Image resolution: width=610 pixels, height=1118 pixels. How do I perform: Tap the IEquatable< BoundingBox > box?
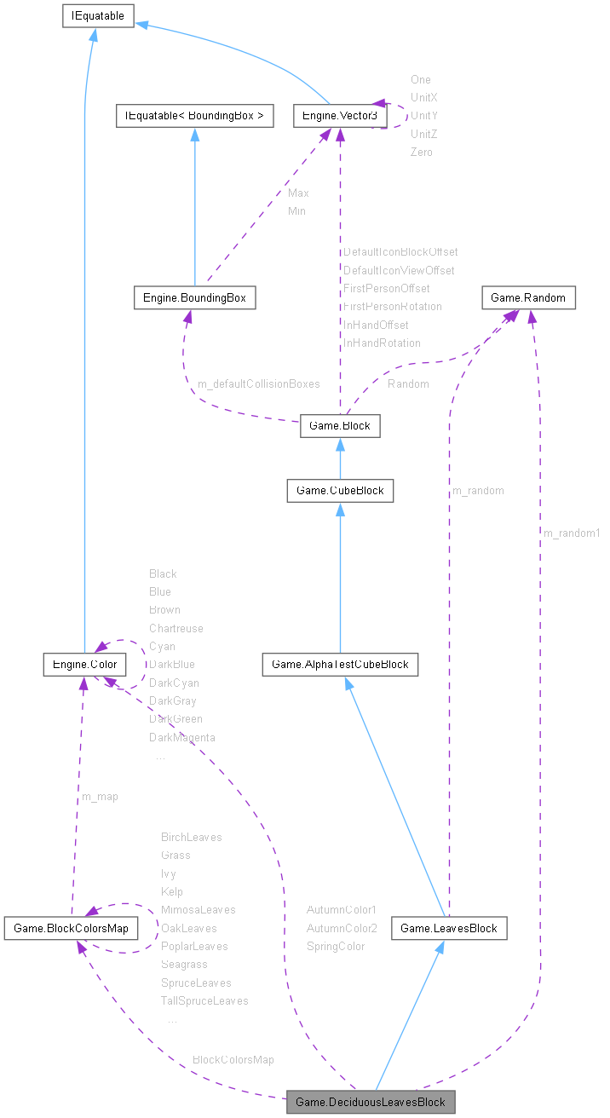[194, 116]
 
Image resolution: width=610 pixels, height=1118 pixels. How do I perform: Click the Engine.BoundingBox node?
[195, 297]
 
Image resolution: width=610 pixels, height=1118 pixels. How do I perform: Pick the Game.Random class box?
[529, 297]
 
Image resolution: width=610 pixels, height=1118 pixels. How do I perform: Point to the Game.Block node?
[339, 426]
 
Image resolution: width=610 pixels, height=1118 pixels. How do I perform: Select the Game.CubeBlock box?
[339, 490]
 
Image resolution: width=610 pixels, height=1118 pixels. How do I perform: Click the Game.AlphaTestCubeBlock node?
[340, 664]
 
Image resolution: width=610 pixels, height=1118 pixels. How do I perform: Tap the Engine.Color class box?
[84, 664]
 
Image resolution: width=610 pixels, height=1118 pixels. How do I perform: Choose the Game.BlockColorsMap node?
[71, 928]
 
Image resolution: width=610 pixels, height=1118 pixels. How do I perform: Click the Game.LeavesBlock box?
[449, 928]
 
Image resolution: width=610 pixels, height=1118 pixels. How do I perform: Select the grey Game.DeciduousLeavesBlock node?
[371, 1102]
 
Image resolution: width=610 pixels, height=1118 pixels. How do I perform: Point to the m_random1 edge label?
[572, 533]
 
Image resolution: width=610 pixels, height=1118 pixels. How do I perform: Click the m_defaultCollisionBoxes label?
[259, 384]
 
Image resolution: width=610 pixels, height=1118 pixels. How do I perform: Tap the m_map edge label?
[100, 797]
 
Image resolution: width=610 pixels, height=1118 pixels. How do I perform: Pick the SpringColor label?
[336, 946]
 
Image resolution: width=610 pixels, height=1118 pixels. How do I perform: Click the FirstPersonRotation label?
[392, 306]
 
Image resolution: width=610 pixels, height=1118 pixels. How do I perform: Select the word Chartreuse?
[176, 628]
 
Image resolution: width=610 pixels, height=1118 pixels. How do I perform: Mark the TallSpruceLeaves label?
[204, 1001]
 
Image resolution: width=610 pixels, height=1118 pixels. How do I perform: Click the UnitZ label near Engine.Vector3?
[423, 134]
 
